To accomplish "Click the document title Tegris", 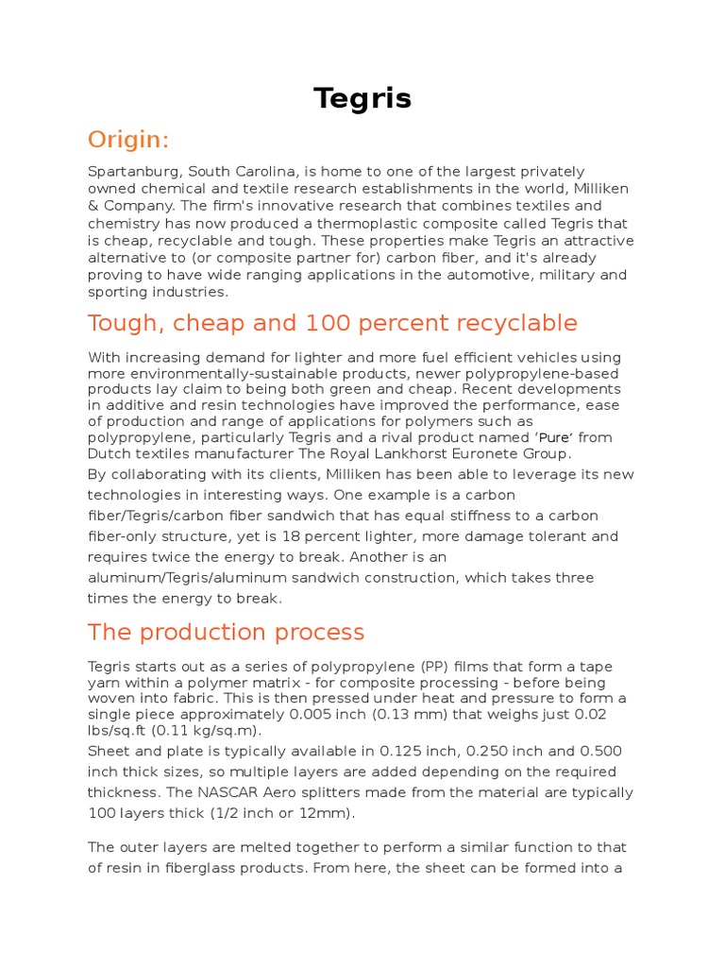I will click(x=362, y=98).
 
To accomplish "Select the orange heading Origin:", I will click(x=128, y=140).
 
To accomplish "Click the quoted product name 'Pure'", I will click(x=554, y=438).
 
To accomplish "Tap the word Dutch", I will click(x=109, y=453).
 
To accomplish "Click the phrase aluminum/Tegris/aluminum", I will click(x=194, y=578).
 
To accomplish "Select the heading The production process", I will click(x=226, y=632).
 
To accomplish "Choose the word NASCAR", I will click(x=301, y=792).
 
